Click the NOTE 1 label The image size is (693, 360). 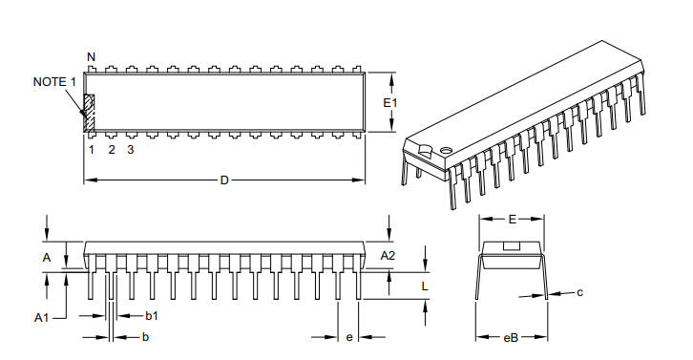tap(54, 82)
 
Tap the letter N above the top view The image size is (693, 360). tap(91, 57)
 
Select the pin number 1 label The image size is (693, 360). tap(92, 150)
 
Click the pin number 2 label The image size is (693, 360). tap(112, 150)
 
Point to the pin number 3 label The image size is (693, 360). tap(131, 150)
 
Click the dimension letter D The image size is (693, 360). tap(224, 180)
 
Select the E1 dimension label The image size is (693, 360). tap(390, 103)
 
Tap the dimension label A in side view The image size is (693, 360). tap(47, 258)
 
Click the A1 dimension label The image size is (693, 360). tap(42, 318)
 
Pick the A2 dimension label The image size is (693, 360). tap(388, 256)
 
